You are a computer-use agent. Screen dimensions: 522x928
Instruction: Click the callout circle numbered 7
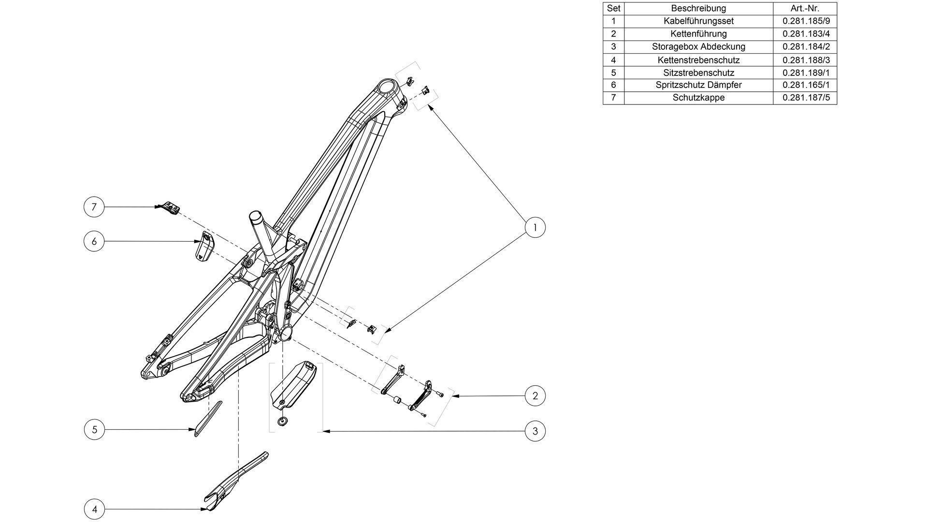coord(94,207)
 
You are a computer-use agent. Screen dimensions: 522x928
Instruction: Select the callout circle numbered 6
coord(94,241)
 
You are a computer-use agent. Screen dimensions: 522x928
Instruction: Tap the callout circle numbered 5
coord(94,429)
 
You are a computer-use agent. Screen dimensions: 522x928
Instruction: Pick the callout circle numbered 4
coord(94,509)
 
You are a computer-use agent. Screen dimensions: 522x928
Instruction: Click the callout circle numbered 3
coord(535,431)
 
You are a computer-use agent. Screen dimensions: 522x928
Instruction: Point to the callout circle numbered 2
coord(535,396)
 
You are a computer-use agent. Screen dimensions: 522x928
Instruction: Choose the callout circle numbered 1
coord(535,227)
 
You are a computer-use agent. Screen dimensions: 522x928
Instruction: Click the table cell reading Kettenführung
coord(698,34)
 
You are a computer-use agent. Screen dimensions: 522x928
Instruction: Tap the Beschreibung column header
coord(698,8)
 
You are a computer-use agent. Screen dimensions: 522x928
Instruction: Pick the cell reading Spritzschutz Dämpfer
coord(698,85)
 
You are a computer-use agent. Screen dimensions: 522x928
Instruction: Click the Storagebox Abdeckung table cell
coord(698,47)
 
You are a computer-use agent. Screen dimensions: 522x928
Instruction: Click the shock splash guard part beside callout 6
coord(205,246)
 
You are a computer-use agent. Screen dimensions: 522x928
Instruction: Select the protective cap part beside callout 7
coord(170,207)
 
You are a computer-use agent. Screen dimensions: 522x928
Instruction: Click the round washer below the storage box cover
coord(282,421)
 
